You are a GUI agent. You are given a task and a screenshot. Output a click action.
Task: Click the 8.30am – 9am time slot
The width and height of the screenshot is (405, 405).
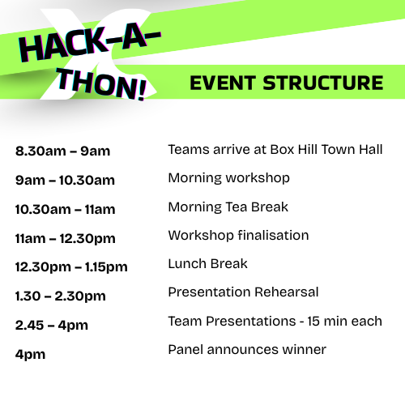62,151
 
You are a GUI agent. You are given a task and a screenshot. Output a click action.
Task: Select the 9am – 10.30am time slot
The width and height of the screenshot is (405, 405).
65,180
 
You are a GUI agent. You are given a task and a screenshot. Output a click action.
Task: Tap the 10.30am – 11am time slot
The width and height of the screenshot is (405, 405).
65,209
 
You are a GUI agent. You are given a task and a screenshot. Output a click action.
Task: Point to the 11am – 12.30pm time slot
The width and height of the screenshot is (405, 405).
65,238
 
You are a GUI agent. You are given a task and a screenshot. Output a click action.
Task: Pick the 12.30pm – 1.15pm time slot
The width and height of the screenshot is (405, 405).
71,267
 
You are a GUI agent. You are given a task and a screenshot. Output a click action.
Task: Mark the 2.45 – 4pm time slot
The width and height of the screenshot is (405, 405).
51,326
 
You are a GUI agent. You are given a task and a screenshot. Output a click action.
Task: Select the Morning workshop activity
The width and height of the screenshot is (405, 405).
228,177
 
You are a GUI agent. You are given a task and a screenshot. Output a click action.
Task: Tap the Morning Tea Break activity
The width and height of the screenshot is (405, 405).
228,207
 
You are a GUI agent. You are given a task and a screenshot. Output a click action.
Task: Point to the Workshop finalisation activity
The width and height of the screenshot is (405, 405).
238,236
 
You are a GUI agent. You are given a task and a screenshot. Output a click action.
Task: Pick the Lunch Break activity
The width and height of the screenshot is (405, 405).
207,264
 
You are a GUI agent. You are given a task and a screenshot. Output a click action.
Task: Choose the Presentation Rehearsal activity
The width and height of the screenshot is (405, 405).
243,292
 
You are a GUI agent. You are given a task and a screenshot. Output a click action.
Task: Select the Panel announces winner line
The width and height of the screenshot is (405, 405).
246,350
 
